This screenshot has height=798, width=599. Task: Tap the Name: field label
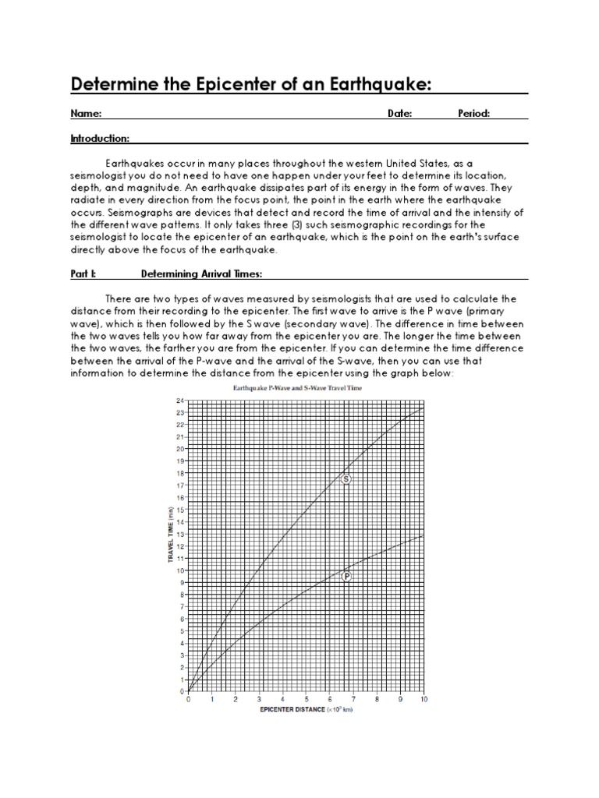[x=86, y=114]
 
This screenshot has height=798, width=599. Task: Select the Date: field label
[x=399, y=114]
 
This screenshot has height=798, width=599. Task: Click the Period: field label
[x=473, y=114]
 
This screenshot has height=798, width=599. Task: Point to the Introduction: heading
[x=100, y=139]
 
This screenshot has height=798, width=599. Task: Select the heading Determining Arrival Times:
[x=201, y=274]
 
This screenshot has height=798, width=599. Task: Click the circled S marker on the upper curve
[x=346, y=479]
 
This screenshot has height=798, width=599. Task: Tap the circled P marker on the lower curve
[x=346, y=577]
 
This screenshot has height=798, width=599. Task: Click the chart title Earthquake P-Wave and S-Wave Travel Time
[x=305, y=387]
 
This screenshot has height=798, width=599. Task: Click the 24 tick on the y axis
[x=179, y=401]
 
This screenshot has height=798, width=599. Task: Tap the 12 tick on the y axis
[x=179, y=546]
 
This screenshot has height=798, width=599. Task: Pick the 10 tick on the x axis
[x=424, y=700]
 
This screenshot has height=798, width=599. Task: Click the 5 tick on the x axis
[x=306, y=700]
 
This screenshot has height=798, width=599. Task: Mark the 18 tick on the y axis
[x=179, y=473]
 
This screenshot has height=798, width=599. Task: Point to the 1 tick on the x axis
[x=211, y=700]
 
